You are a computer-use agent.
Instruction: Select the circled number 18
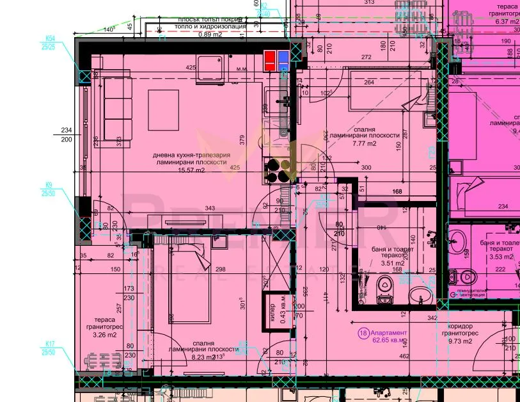pos(363,333)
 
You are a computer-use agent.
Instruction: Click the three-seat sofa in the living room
pos(113,109)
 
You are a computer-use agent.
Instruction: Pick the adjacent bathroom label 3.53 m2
pos(496,257)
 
